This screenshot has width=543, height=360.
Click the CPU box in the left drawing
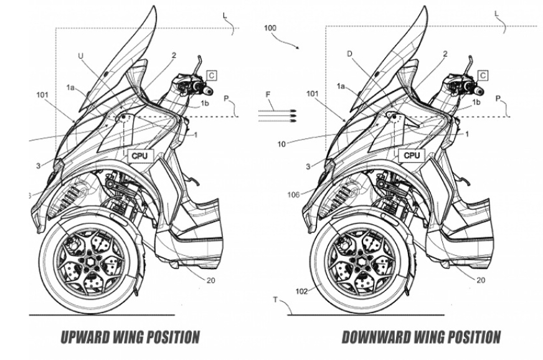click(140, 156)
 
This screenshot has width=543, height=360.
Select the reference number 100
click(271, 29)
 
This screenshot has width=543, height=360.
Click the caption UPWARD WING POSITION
click(130, 338)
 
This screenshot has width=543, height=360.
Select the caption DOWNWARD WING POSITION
click(421, 338)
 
